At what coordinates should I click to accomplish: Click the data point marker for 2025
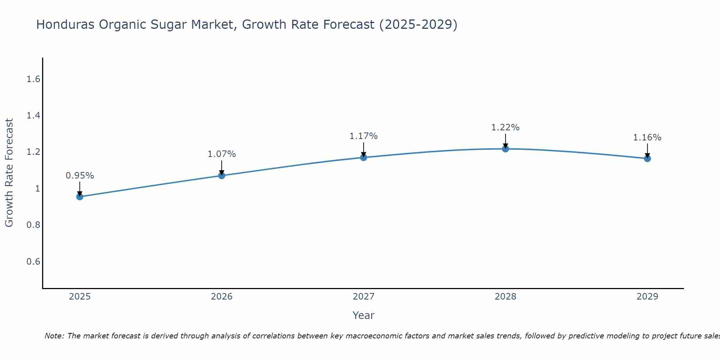click(80, 197)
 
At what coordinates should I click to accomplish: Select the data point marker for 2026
click(222, 175)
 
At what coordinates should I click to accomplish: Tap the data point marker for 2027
click(364, 157)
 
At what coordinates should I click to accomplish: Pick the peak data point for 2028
click(505, 149)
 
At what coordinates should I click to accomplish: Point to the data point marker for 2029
click(647, 158)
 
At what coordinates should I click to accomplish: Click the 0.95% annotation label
click(80, 176)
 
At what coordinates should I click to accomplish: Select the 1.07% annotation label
click(222, 154)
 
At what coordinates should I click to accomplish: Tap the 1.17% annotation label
click(364, 136)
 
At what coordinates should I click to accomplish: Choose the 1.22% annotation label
click(505, 127)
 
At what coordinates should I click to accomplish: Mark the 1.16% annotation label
click(647, 138)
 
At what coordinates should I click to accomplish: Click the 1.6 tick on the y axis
click(33, 79)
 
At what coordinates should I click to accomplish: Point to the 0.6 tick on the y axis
click(33, 261)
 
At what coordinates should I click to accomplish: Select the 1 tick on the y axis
click(37, 188)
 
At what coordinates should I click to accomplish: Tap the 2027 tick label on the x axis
click(364, 297)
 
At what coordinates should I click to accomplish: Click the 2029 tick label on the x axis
click(647, 297)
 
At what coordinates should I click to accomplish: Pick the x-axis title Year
click(364, 315)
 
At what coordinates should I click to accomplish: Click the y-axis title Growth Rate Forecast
click(9, 173)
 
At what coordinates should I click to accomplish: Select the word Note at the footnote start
click(54, 336)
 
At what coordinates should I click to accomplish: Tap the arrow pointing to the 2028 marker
click(505, 141)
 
